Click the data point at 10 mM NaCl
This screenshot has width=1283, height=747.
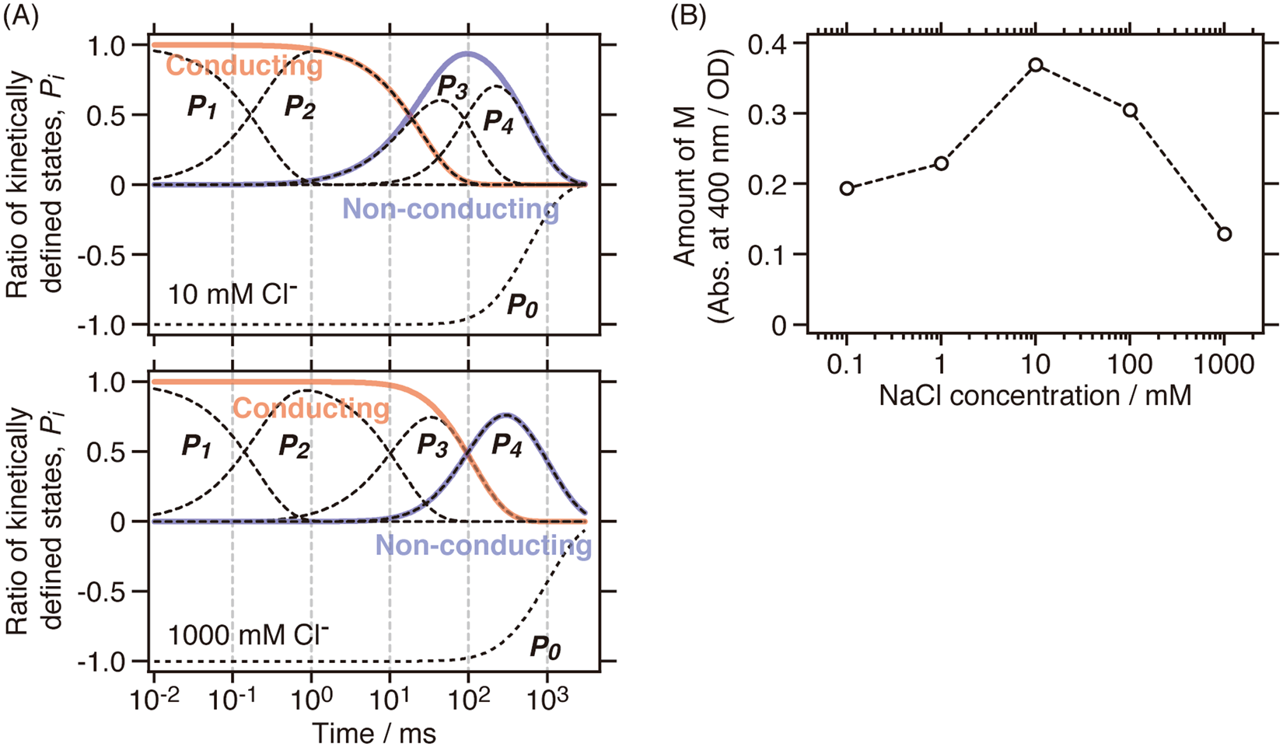(1035, 65)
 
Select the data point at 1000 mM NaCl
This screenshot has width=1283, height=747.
(1224, 234)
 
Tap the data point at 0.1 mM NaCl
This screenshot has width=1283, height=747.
(847, 188)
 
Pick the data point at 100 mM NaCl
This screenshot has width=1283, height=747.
(1130, 110)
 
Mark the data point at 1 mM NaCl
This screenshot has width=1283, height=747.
(941, 163)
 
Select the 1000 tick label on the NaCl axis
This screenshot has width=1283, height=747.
(1223, 364)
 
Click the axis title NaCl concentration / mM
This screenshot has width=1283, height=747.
(1035, 396)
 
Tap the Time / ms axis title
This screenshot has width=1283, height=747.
(374, 732)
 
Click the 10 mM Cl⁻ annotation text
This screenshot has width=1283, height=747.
(232, 296)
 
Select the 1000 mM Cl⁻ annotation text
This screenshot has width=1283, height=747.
(249, 635)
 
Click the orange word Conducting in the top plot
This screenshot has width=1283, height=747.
(244, 66)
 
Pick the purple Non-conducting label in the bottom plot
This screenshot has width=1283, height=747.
(483, 545)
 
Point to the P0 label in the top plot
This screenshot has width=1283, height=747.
(522, 305)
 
